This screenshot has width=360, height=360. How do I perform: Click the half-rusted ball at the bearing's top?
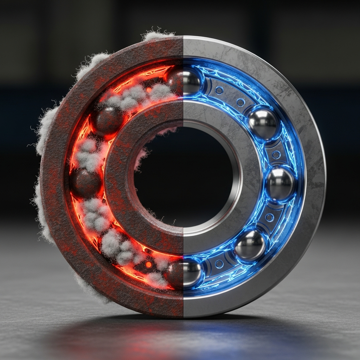point(184,81)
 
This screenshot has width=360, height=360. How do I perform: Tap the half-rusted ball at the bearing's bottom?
point(184,273)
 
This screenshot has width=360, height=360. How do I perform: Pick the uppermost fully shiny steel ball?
point(263,123)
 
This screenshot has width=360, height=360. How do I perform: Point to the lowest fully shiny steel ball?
point(250,245)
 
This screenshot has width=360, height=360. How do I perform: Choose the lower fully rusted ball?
point(85,183)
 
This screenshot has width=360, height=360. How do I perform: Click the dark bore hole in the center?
point(186,176)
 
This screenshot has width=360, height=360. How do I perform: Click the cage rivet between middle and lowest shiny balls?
point(270,218)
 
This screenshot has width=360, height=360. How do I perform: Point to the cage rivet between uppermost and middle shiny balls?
point(276,154)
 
